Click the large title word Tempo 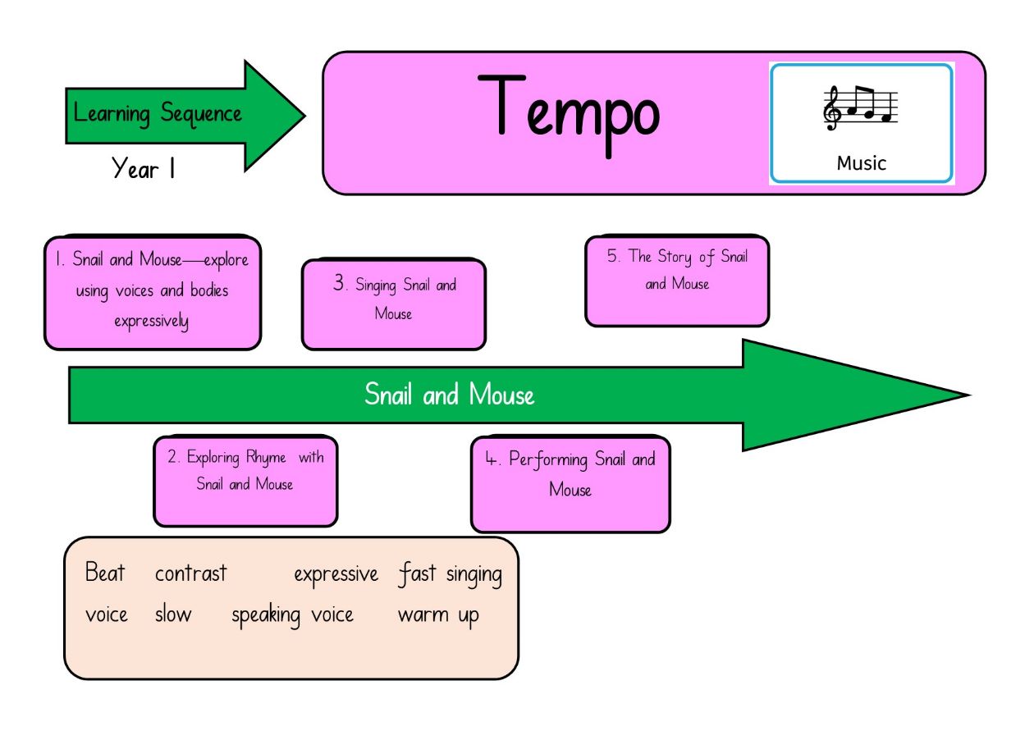569,116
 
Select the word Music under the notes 862,163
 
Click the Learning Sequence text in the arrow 158,113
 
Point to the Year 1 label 143,168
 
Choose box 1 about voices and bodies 153,293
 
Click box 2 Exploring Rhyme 245,481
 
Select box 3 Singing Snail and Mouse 394,304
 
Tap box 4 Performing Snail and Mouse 570,484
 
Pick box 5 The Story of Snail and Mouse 677,281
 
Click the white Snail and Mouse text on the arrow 449,395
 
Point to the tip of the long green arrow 970,395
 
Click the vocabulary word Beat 105,573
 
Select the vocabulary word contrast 190,573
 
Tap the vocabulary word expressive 336,575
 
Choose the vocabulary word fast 417,574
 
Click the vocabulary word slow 173,614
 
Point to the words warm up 438,615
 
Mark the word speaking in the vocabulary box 266,615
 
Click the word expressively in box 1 151,322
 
